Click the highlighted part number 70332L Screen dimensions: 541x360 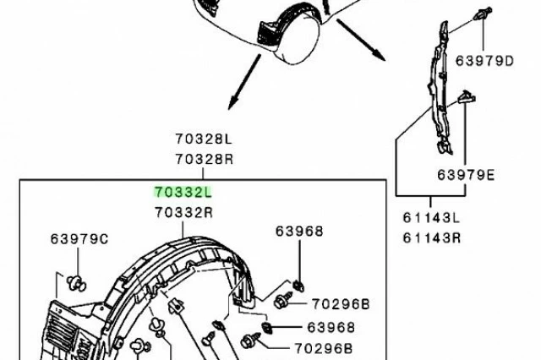tap(183, 193)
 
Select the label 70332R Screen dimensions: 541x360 tap(184, 213)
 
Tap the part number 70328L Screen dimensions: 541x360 tap(204, 139)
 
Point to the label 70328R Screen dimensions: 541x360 tap(205, 160)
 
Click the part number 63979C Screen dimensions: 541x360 tap(79, 239)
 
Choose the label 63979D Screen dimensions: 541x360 tap(484, 61)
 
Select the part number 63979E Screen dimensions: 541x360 tap(466, 175)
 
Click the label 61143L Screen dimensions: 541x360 tap(431, 218)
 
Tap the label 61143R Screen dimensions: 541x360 tap(432, 238)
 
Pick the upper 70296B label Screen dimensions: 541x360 tap(341, 304)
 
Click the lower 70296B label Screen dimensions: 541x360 tap(323, 349)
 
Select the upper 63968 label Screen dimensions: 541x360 tap(299, 232)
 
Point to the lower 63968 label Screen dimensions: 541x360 tap(331, 327)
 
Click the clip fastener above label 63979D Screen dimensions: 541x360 tap(483, 14)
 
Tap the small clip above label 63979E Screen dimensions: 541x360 tap(466, 97)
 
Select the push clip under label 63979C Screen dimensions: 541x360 tap(76, 284)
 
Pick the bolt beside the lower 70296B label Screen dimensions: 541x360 tap(250, 341)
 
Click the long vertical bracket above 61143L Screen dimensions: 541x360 tap(440, 86)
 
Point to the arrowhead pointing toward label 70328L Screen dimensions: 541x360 tap(232, 103)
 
